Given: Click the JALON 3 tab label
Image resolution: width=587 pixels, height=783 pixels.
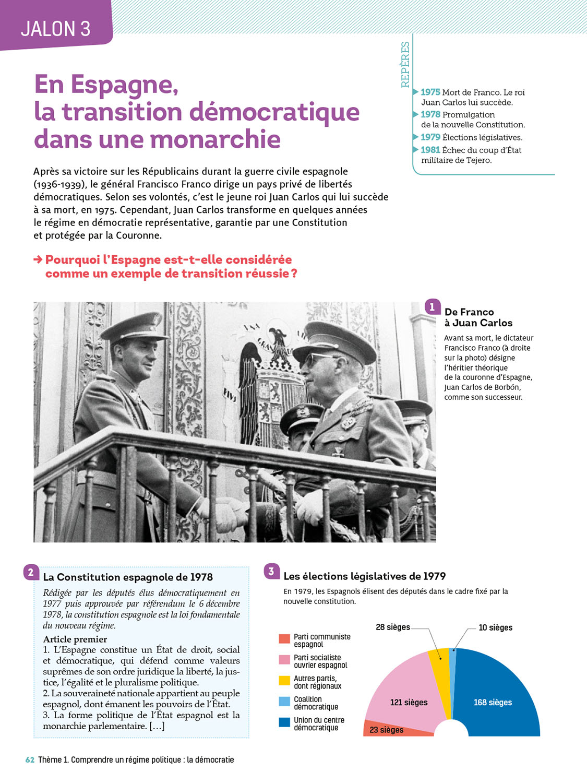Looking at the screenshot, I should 55,29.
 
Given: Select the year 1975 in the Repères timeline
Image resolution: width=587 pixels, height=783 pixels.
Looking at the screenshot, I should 430,92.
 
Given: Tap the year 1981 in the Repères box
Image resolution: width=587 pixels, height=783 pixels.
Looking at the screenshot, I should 430,150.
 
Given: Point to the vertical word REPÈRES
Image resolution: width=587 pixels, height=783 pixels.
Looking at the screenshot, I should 405,64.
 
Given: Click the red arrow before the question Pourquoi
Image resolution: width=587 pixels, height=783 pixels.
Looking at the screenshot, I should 38,259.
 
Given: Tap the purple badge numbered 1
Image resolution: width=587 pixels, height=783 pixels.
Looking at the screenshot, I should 432,307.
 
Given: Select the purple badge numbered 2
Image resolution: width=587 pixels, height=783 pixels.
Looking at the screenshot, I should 31,573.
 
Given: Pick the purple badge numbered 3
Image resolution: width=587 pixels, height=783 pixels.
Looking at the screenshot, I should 271,572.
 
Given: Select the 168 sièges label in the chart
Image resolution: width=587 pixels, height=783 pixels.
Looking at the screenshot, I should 493,703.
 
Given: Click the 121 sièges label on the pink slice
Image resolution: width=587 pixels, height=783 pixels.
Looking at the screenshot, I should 409,703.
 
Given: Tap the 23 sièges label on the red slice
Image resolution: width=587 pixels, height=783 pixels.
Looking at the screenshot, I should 386,730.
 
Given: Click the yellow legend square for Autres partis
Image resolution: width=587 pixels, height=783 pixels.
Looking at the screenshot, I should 284,680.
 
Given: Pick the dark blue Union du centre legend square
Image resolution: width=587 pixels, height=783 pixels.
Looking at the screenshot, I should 284,722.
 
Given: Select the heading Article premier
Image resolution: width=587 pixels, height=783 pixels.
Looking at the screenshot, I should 75,639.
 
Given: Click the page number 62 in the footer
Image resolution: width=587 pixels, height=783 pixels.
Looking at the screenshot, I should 30,760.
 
